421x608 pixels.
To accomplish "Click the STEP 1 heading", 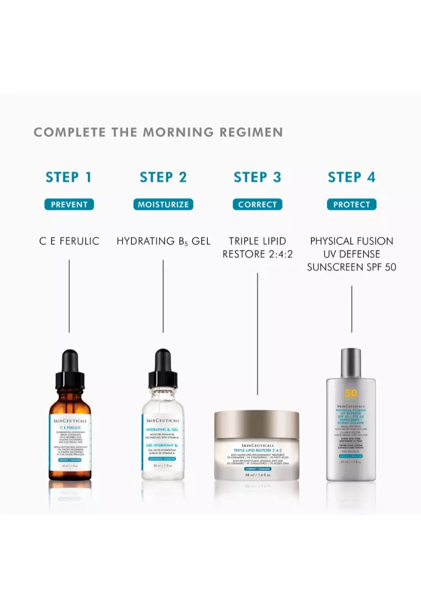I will tap(69, 177).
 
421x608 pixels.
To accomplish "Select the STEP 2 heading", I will tap(163, 177).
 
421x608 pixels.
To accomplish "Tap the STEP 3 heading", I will tap(257, 177).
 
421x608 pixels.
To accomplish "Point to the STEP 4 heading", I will tap(351, 177).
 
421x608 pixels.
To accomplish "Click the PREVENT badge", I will tap(69, 205).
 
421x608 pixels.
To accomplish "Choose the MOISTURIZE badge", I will tap(163, 205).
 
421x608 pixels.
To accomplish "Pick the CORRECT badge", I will tap(257, 205).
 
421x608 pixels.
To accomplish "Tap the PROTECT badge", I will tap(351, 205).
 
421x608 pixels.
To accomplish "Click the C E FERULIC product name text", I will tap(69, 241).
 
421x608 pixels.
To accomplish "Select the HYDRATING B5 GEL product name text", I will tap(163, 241).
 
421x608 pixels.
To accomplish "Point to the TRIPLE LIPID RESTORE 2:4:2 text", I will tap(257, 248).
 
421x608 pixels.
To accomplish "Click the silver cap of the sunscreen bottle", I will tap(351, 363).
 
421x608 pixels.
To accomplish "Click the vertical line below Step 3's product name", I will tap(257, 332).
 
